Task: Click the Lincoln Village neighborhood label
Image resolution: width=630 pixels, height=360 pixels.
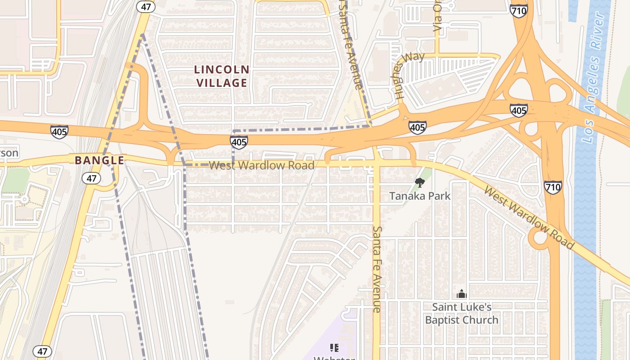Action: tap(221, 76)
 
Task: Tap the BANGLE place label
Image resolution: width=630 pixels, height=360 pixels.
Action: tap(99, 160)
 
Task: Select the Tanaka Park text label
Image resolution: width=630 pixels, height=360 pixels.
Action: tap(419, 196)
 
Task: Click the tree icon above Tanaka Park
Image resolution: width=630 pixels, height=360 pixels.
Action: tap(419, 182)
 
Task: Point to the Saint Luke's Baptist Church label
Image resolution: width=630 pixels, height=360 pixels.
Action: tap(462, 313)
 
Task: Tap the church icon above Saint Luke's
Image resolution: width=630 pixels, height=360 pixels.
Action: tap(461, 294)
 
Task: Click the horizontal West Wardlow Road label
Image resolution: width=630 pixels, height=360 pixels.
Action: tap(261, 165)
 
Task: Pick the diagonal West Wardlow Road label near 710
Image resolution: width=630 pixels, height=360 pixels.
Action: tap(529, 217)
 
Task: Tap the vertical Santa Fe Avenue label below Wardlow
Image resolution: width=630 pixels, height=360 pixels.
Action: tap(377, 269)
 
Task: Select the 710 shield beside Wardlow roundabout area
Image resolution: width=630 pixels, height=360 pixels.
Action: tap(553, 187)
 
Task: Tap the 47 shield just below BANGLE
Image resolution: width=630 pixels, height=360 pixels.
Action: tap(91, 178)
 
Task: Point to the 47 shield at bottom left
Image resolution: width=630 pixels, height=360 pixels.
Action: tap(42, 351)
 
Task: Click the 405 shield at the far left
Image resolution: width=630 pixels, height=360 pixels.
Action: tap(59, 132)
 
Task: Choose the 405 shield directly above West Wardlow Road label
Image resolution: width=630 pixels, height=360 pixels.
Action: tap(238, 142)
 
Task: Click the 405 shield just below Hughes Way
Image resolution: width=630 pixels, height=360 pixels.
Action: tap(417, 127)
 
